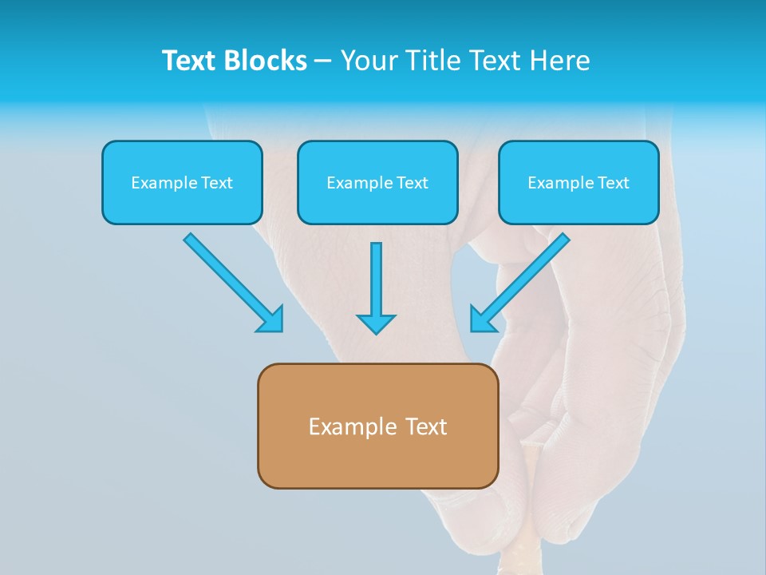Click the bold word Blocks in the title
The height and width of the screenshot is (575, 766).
[x=267, y=61]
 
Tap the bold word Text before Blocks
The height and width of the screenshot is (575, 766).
[x=191, y=61]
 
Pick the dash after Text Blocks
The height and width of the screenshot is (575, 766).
[x=323, y=61]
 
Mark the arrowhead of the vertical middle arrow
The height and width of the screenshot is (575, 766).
[x=376, y=324]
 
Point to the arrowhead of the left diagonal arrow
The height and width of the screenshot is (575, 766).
[x=271, y=319]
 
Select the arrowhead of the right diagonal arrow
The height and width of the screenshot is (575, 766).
[x=482, y=319]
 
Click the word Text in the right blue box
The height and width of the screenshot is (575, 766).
[x=614, y=183]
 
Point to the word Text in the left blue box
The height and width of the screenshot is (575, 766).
[x=217, y=183]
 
